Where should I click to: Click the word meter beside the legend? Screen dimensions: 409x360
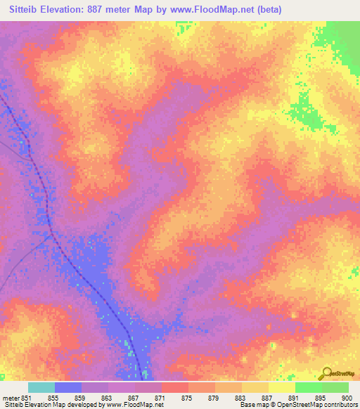(8, 397)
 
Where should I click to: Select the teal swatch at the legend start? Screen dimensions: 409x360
(41, 387)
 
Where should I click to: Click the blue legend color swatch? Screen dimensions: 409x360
(68, 387)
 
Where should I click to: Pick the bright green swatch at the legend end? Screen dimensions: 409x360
(335, 387)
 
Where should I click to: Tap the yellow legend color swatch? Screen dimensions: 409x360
(282, 387)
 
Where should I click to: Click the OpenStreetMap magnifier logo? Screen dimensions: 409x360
(327, 375)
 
